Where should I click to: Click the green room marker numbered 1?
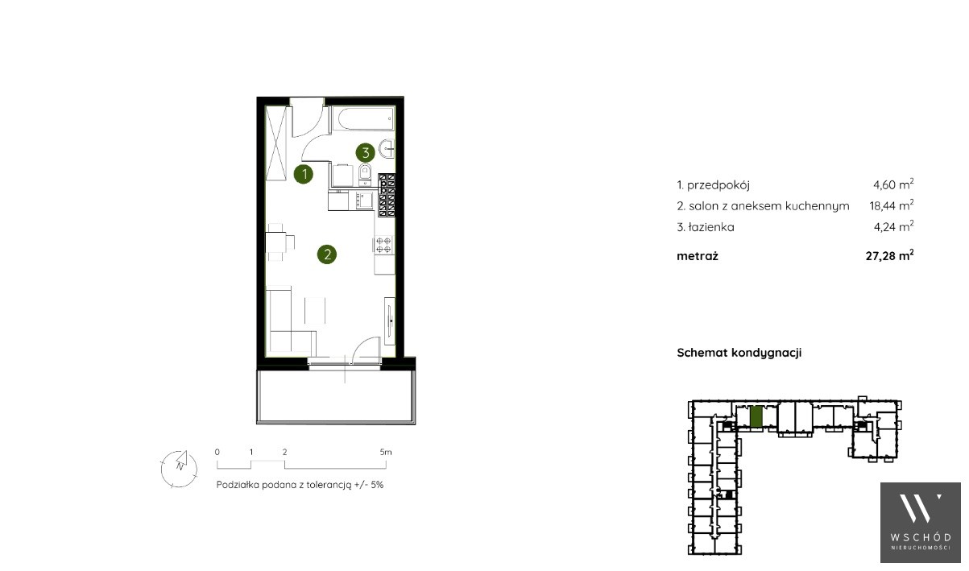tap(303, 174)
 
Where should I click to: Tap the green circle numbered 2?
tap(326, 254)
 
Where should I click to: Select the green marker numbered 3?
tap(365, 153)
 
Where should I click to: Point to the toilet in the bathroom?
tap(365, 174)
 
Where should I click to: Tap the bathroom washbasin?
tap(387, 149)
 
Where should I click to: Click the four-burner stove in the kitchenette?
tap(383, 245)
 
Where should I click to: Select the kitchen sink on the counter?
tap(364, 201)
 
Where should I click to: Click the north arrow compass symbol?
tap(179, 469)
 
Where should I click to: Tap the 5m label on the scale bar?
tap(386, 452)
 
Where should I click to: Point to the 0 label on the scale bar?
tap(217, 452)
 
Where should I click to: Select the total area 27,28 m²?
tap(889, 255)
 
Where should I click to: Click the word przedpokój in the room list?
tap(718, 185)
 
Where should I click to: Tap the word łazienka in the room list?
tap(711, 227)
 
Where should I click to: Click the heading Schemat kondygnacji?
tap(739, 353)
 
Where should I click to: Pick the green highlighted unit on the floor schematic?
tap(756, 416)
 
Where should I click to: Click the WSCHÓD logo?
tap(921, 523)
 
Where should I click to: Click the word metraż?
tap(698, 256)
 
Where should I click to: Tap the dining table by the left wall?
tap(275, 242)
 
